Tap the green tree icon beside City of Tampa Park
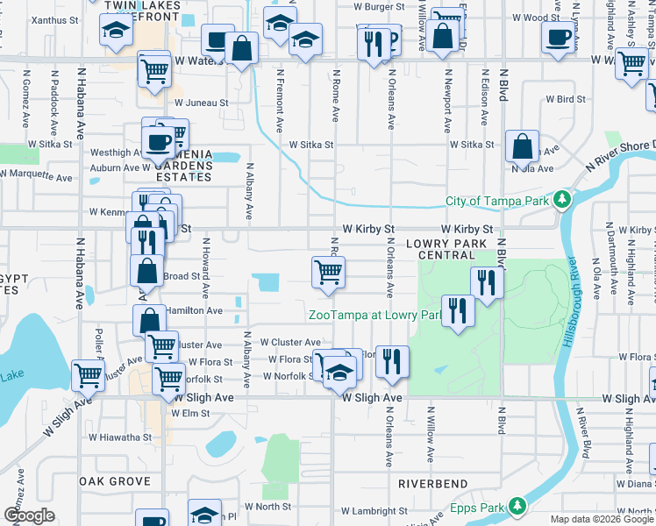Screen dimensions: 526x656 (x=562, y=201)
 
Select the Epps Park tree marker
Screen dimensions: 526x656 (x=517, y=507)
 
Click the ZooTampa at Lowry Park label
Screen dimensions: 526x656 (x=374, y=315)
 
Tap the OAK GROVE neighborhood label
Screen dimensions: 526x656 (x=116, y=481)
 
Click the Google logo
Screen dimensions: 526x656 (x=29, y=515)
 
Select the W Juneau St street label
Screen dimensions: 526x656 (x=201, y=103)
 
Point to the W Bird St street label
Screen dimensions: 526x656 (x=562, y=100)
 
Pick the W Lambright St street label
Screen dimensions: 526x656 (x=374, y=510)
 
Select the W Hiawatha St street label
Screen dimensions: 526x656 (x=120, y=437)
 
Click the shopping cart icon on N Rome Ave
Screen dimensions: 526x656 (x=328, y=272)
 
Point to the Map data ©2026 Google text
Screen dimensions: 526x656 (x=602, y=519)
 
